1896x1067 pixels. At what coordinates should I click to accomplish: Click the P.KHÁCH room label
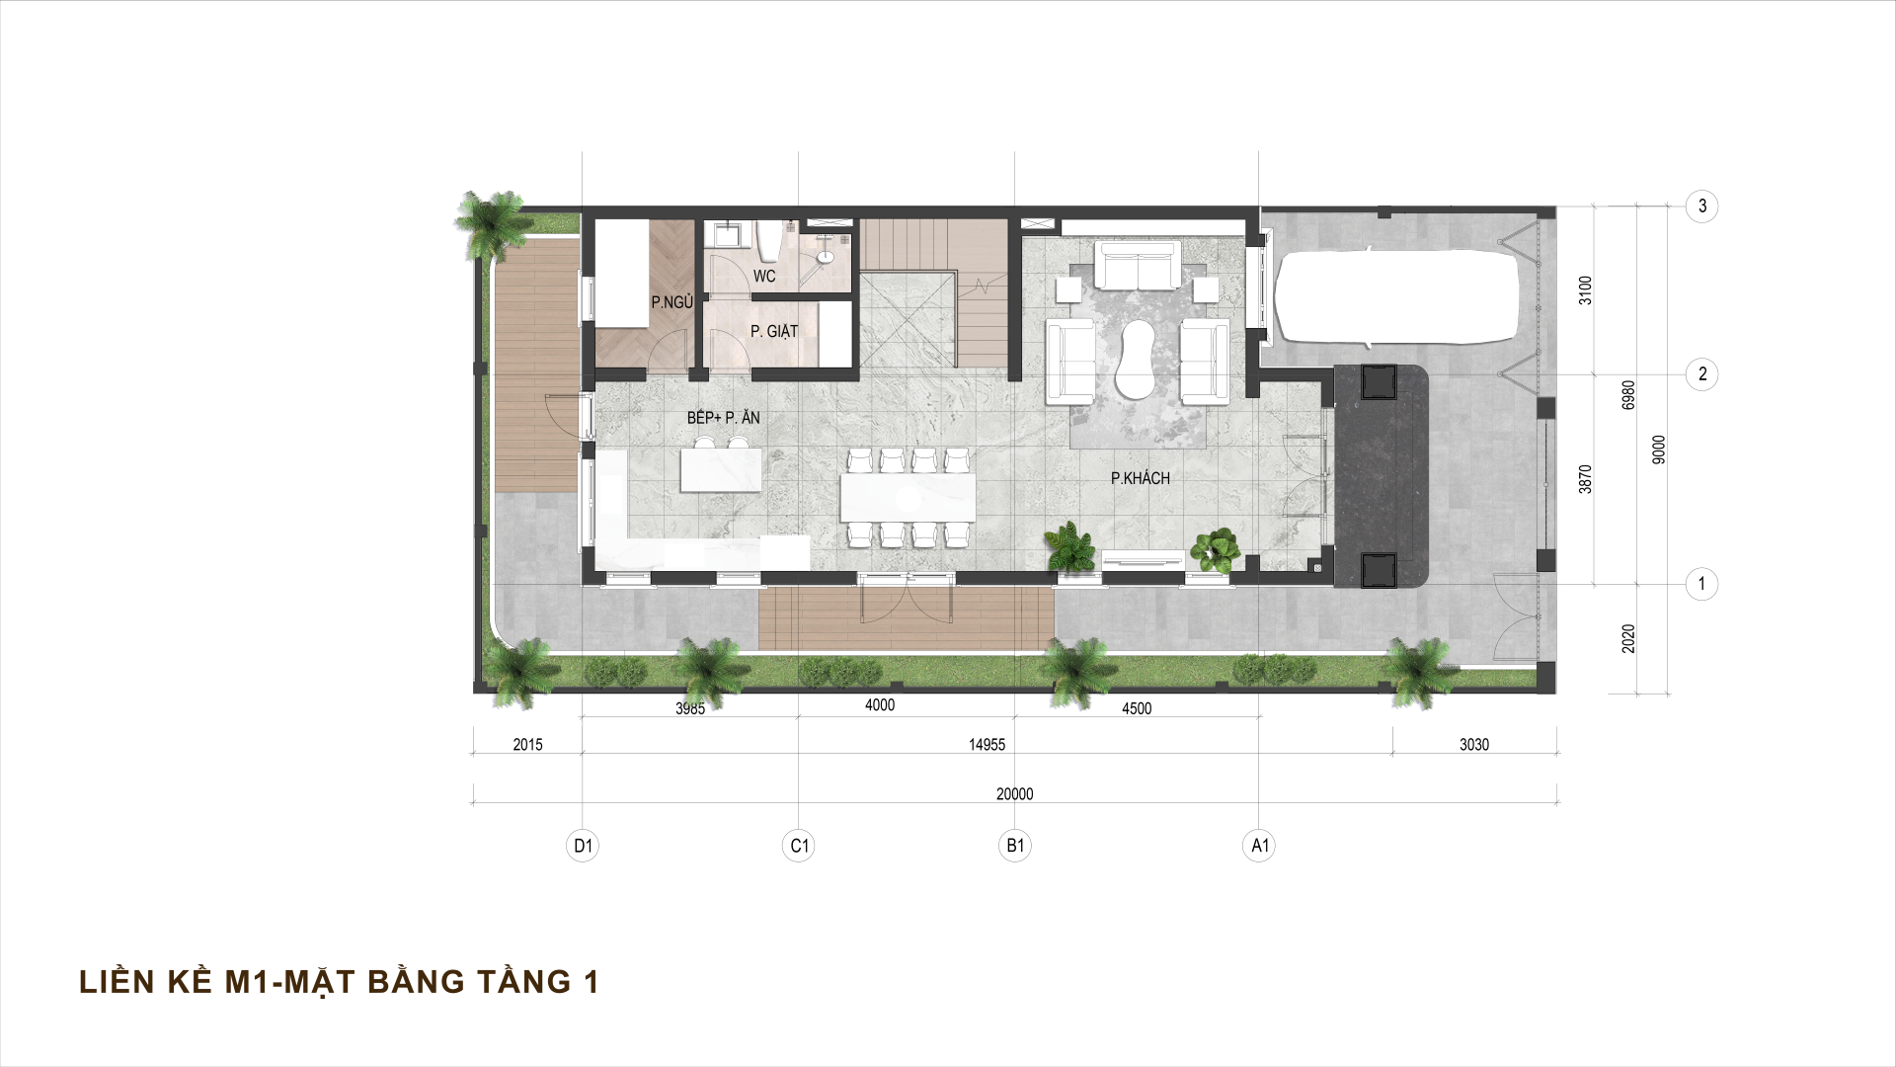1140,478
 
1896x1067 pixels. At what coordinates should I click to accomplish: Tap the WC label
764,277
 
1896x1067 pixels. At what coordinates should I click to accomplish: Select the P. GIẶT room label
774,331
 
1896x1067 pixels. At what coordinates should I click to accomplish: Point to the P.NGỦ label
671,302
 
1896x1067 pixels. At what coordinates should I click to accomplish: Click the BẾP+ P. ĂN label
724,418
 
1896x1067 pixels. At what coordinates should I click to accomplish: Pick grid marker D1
583,846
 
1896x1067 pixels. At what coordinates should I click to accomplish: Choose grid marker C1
799,846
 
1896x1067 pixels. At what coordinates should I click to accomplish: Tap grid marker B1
1015,846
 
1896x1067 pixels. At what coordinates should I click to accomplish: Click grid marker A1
1259,846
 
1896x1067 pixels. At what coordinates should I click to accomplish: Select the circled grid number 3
1701,206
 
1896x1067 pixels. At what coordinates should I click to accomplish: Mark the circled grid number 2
1701,374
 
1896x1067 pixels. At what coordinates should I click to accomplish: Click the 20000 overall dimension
1014,794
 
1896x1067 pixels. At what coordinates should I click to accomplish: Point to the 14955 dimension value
987,745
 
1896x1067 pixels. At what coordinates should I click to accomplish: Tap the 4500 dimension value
1137,708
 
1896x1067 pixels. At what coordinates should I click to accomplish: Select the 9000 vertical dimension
1659,450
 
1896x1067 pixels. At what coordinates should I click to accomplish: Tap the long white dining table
908,498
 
